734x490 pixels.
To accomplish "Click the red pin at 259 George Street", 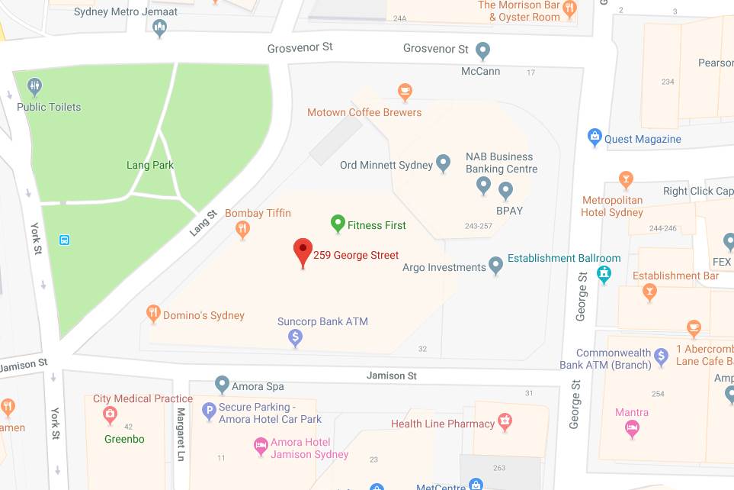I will pos(303,251).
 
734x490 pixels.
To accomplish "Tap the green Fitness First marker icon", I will pos(338,224).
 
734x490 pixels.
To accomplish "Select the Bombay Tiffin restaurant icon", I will pos(243,228).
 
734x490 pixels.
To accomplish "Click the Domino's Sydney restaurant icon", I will pos(153,313).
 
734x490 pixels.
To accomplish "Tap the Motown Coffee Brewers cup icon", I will pos(405,92).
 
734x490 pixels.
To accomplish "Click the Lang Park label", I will pos(150,165).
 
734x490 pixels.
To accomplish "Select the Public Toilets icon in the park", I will pos(33,86).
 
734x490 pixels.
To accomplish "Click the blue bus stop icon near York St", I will pos(64,240).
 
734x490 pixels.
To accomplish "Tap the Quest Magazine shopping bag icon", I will pos(595,138).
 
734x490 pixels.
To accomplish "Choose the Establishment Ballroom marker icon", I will pos(604,273).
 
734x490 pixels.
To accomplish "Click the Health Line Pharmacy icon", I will pos(504,421).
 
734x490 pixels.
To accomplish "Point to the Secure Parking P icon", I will pos(208,412).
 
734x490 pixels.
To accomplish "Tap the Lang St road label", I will pos(204,222).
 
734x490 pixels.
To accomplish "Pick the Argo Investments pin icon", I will pos(496,266).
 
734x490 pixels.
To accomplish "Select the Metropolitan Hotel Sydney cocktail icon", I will pos(626,180).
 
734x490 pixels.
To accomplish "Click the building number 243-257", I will pos(479,226).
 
